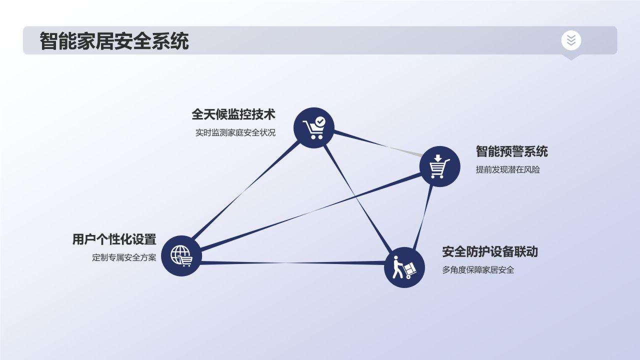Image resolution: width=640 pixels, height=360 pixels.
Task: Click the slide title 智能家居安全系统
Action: pyautogui.click(x=114, y=41)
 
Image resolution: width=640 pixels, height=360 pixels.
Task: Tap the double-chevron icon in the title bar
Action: pyautogui.click(x=571, y=40)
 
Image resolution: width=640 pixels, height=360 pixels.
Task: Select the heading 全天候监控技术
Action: pyautogui.click(x=233, y=114)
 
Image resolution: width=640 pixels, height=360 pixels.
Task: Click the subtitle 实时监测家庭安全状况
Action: pyautogui.click(x=235, y=133)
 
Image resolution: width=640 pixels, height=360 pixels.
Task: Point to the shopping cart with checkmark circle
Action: pyautogui.click(x=313, y=127)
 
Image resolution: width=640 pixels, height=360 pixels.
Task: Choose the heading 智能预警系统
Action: pyautogui.click(x=511, y=151)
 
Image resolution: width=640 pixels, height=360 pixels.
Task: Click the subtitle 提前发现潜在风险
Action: pyautogui.click(x=507, y=169)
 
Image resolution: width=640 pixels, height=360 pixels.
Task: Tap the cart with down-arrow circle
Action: pyautogui.click(x=439, y=167)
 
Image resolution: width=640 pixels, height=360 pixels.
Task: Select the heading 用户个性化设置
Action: pyautogui.click(x=114, y=239)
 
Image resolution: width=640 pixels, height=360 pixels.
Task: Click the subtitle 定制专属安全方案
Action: pyautogui.click(x=124, y=258)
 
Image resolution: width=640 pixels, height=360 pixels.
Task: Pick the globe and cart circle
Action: pyautogui.click(x=181, y=255)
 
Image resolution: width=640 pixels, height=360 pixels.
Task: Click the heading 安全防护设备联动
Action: pyautogui.click(x=489, y=251)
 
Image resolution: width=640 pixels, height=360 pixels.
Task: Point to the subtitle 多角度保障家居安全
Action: pyautogui.click(x=478, y=270)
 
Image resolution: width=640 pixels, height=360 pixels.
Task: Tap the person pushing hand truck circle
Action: pyautogui.click(x=404, y=267)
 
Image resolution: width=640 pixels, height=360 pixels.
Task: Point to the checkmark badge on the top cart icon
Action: pyautogui.click(x=320, y=121)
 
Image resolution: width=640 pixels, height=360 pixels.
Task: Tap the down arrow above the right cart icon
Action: pyautogui.click(x=438, y=158)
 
